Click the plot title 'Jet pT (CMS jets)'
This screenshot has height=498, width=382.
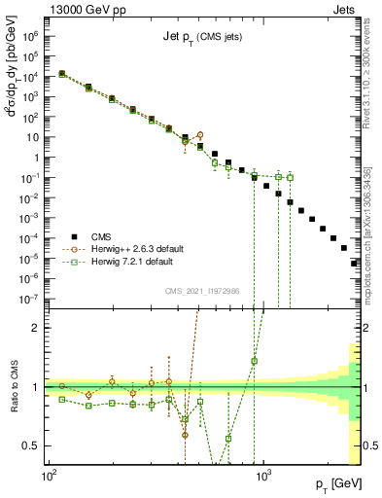tap(201, 38)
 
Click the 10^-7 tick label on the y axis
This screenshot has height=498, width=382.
tap(29, 299)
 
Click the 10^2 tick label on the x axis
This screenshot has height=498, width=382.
tap(48, 480)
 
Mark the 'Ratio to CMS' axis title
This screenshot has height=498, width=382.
tap(13, 387)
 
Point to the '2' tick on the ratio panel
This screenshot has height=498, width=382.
tap(37, 328)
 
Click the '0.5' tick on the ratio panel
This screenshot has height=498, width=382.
tap(33, 445)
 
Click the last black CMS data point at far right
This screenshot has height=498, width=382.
tap(355, 263)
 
